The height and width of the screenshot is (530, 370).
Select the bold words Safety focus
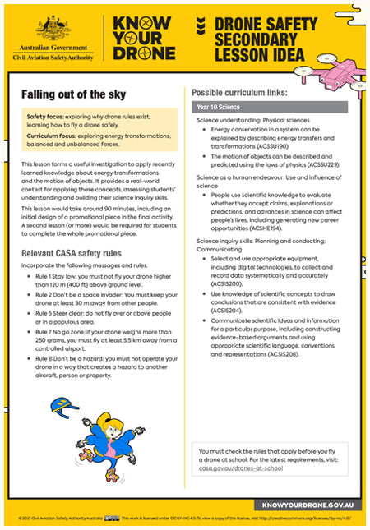[x=48, y=118]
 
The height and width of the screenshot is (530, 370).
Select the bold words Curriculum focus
[x=54, y=139]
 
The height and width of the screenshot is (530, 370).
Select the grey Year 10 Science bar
[x=270, y=107]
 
